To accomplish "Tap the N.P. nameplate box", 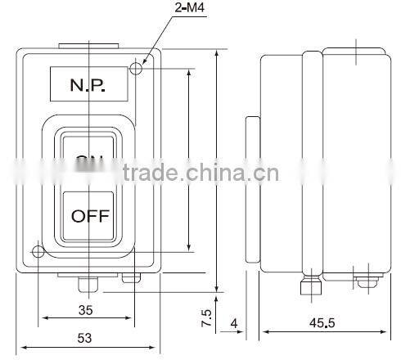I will (88, 83).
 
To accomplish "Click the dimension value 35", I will (85, 311).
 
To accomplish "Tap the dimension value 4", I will (235, 325).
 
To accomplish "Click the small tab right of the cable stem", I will (130, 278).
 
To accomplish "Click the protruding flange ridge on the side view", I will (312, 164).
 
